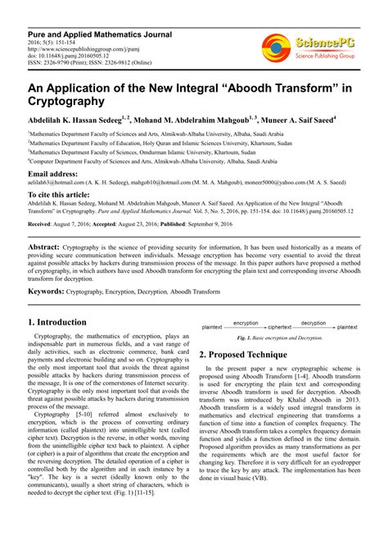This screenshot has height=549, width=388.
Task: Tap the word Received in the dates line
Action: [x=43, y=223]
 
